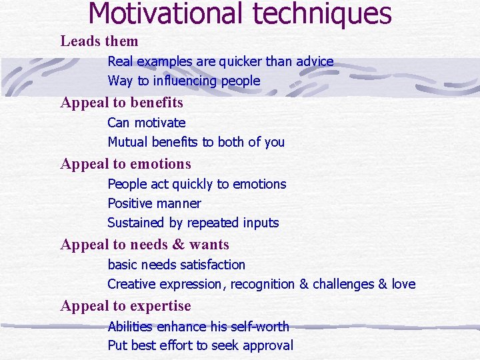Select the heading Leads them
point(99,41)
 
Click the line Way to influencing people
point(184,81)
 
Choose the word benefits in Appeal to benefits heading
point(157,103)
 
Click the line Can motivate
point(147,123)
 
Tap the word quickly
point(195,184)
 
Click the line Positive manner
point(154,203)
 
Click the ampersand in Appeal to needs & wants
point(178,245)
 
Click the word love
point(403,284)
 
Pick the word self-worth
point(257,327)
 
